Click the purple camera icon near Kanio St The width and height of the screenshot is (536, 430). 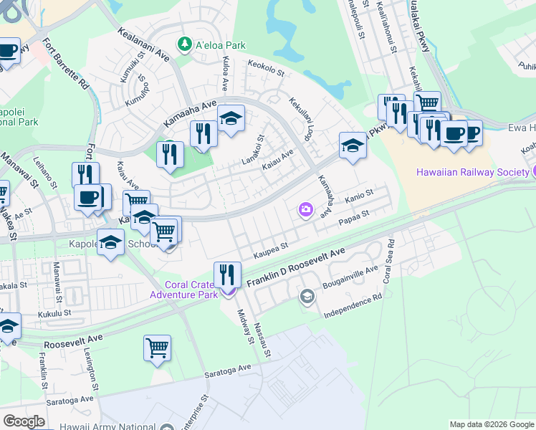click(x=306, y=209)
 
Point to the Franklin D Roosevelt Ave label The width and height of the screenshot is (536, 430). click(x=296, y=270)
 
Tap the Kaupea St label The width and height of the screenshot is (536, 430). click(x=271, y=251)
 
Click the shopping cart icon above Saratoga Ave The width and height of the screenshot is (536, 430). click(x=157, y=348)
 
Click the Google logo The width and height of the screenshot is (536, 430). click(x=24, y=421)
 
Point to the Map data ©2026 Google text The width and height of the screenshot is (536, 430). click(x=490, y=424)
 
